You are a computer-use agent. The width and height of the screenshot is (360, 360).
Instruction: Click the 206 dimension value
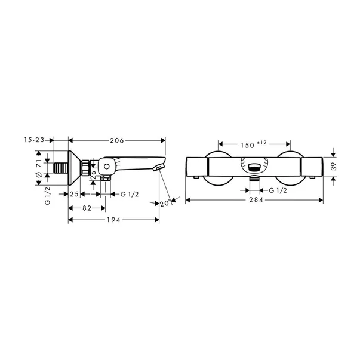117,140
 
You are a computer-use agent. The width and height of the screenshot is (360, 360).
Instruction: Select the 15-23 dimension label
34,140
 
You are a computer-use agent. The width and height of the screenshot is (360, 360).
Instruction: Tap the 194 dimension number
113,220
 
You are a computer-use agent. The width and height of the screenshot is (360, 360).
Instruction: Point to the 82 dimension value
87,208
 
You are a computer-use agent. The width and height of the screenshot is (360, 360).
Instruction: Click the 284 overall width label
256,200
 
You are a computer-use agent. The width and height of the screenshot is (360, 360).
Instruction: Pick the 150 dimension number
248,145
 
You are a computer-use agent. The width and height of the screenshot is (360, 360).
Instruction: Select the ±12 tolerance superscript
261,143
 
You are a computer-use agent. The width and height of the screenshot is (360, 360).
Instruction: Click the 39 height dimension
334,166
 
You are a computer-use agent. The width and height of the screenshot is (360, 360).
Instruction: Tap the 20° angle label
165,204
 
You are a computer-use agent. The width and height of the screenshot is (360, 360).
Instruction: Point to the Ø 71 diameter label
39,168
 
